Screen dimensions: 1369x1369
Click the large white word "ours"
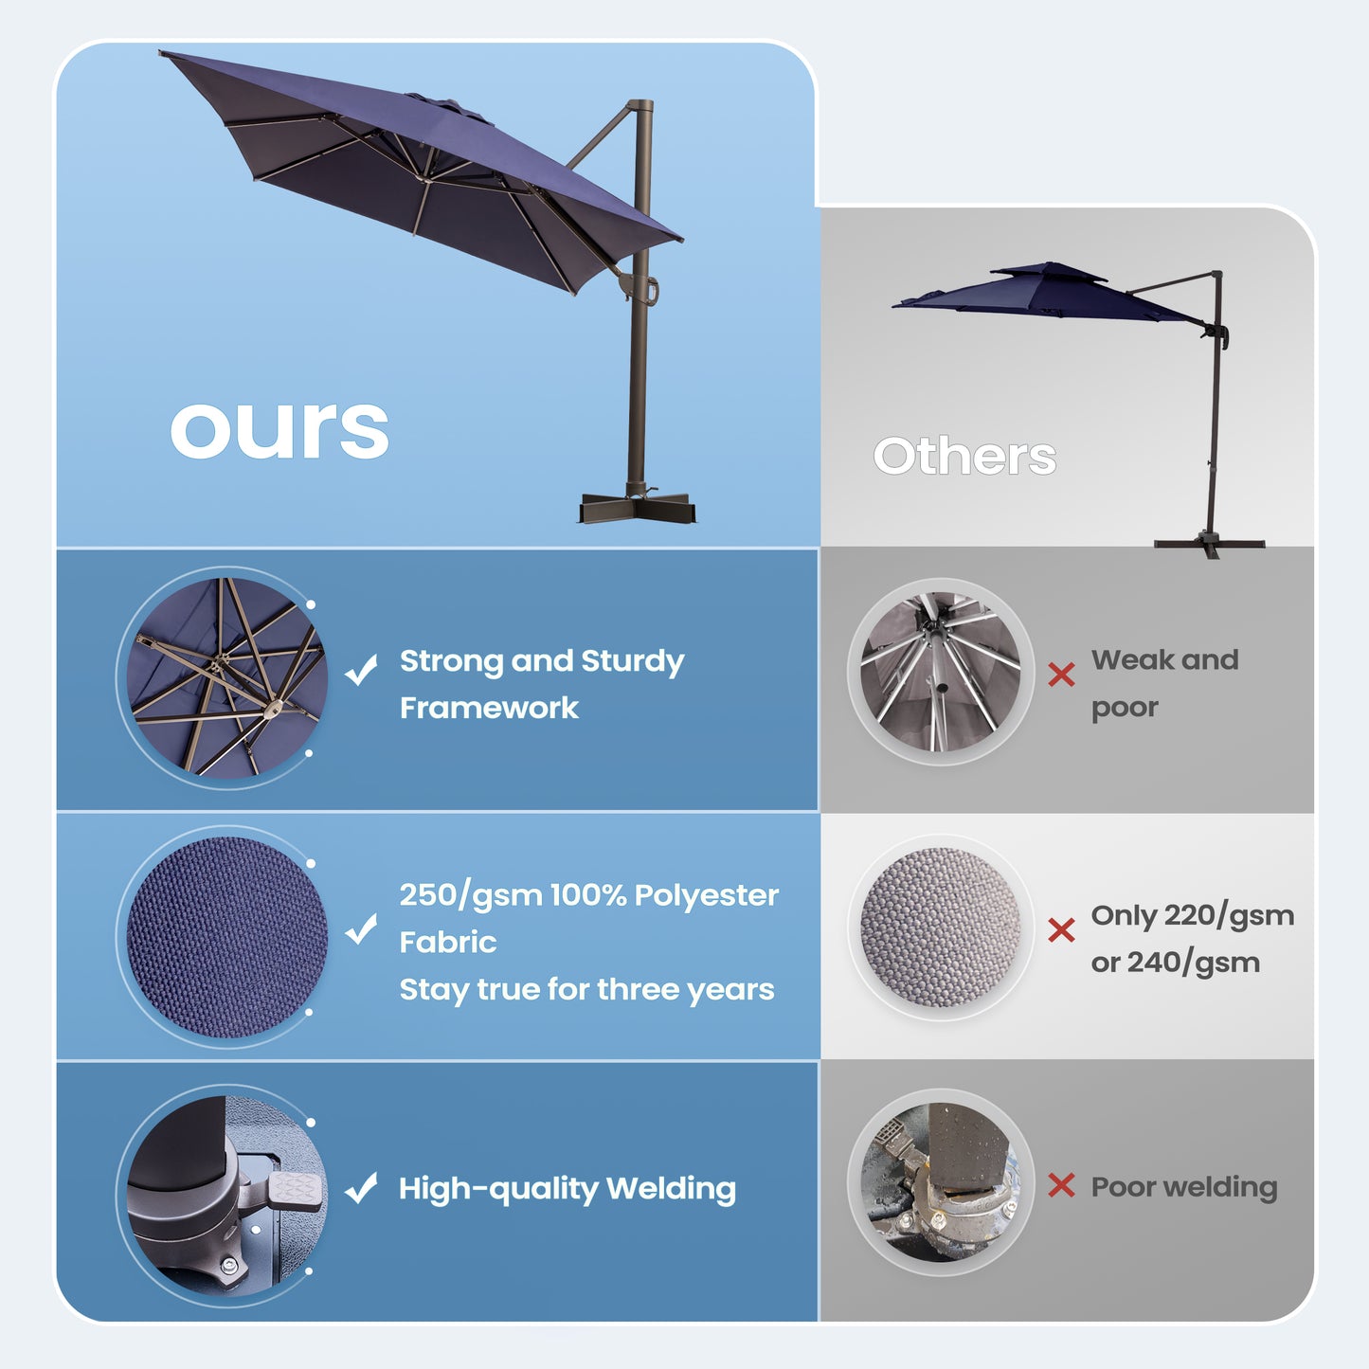coord(279,429)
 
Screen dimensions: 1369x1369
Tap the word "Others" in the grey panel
coord(964,457)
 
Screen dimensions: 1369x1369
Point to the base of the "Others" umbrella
coord(1210,544)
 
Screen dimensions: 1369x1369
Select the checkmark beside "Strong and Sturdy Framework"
coord(361,670)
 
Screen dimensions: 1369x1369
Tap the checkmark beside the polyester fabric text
coord(361,929)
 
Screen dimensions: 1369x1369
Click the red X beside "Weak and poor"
coord(1061,675)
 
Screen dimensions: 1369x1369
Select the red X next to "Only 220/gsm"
coord(1061,930)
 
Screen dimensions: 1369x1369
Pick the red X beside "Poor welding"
coord(1061,1185)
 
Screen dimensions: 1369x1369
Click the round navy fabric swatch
coord(227,936)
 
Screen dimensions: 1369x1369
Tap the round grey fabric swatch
coord(941,928)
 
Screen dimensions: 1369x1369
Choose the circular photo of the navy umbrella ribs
coord(227,677)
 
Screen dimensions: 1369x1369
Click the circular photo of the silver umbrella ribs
coord(941,672)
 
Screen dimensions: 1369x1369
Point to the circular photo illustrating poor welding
coord(941,1182)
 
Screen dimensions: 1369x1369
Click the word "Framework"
coord(489,708)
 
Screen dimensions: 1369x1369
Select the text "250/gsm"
coord(470,895)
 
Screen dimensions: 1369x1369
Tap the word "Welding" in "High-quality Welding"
coord(671,1188)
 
